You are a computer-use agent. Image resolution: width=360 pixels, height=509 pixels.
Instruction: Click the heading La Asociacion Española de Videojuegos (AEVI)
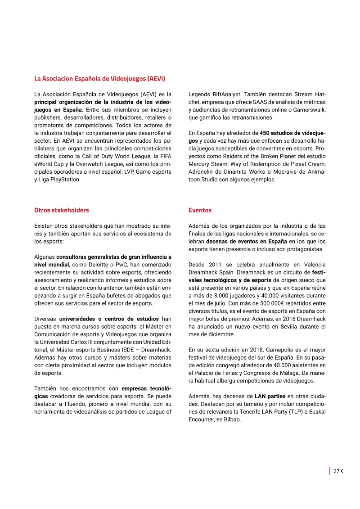(x=100, y=79)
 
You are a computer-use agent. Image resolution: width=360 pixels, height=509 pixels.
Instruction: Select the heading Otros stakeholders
(x=62, y=210)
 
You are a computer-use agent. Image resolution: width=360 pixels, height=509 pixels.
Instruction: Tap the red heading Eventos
(x=200, y=210)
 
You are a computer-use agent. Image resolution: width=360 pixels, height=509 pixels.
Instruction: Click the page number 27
(x=336, y=471)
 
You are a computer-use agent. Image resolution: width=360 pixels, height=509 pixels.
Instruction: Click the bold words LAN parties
(x=269, y=396)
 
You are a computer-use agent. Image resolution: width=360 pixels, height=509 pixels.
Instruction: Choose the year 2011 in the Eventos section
(x=215, y=265)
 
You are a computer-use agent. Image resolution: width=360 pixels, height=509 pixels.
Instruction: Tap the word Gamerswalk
(x=310, y=110)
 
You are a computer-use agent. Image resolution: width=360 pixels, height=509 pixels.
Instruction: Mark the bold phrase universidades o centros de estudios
(x=110, y=319)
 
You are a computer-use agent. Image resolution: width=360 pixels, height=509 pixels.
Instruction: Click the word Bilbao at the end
(x=231, y=419)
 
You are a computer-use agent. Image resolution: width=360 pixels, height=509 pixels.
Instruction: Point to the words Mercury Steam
(x=207, y=164)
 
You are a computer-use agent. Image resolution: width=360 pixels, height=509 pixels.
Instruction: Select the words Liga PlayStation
(x=62, y=180)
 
